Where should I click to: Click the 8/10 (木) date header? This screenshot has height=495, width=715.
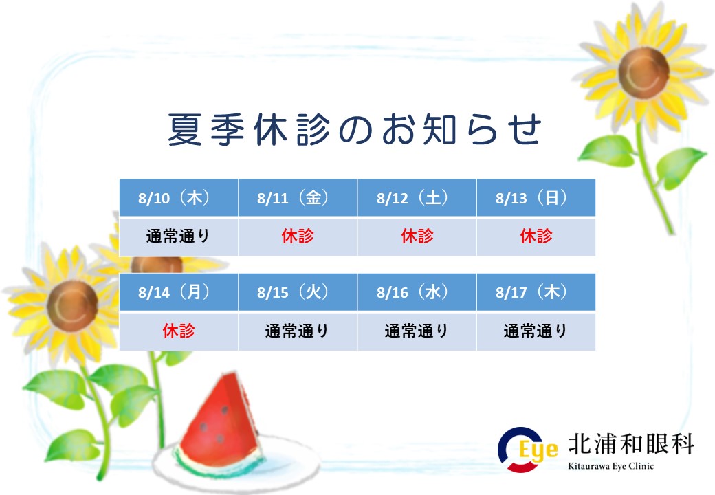[178, 197]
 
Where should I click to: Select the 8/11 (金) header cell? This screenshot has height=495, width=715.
[298, 197]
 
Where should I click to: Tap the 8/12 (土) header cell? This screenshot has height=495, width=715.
[417, 197]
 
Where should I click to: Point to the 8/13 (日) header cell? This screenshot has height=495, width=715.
[536, 197]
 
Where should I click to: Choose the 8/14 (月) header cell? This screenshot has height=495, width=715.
[178, 291]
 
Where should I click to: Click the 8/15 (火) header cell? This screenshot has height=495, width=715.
[298, 291]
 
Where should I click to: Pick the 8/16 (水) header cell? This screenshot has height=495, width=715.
[417, 291]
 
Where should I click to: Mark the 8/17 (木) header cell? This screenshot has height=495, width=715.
[536, 291]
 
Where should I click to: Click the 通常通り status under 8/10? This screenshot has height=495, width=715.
[178, 236]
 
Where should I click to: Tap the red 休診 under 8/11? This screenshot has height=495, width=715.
[298, 236]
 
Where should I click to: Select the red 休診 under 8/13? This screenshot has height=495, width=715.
[536, 236]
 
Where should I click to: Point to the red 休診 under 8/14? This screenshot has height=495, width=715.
[179, 331]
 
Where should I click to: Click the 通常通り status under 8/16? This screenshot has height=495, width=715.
[417, 331]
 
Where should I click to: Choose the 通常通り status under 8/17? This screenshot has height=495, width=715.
[536, 331]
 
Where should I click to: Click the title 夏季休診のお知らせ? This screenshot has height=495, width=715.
[355, 129]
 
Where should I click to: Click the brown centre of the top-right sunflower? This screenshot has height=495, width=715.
[643, 72]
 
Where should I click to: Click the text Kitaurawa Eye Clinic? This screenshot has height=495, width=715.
[610, 466]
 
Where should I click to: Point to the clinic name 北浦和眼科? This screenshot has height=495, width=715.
[631, 444]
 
